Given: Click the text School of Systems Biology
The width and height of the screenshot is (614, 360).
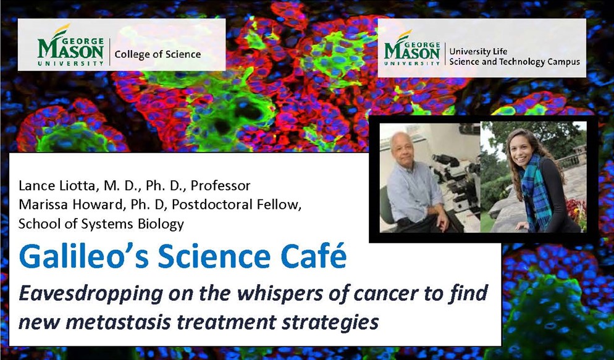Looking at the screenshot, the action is click(101, 224).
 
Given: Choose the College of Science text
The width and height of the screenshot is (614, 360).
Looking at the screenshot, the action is click(158, 54).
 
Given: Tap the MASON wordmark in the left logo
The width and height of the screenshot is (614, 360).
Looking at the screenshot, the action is click(71, 51).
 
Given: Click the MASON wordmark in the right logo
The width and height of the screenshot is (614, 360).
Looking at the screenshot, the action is click(412, 52).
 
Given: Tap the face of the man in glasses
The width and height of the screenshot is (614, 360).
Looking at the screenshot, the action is click(401, 148).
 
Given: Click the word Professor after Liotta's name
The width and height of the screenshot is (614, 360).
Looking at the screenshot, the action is click(221, 185).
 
